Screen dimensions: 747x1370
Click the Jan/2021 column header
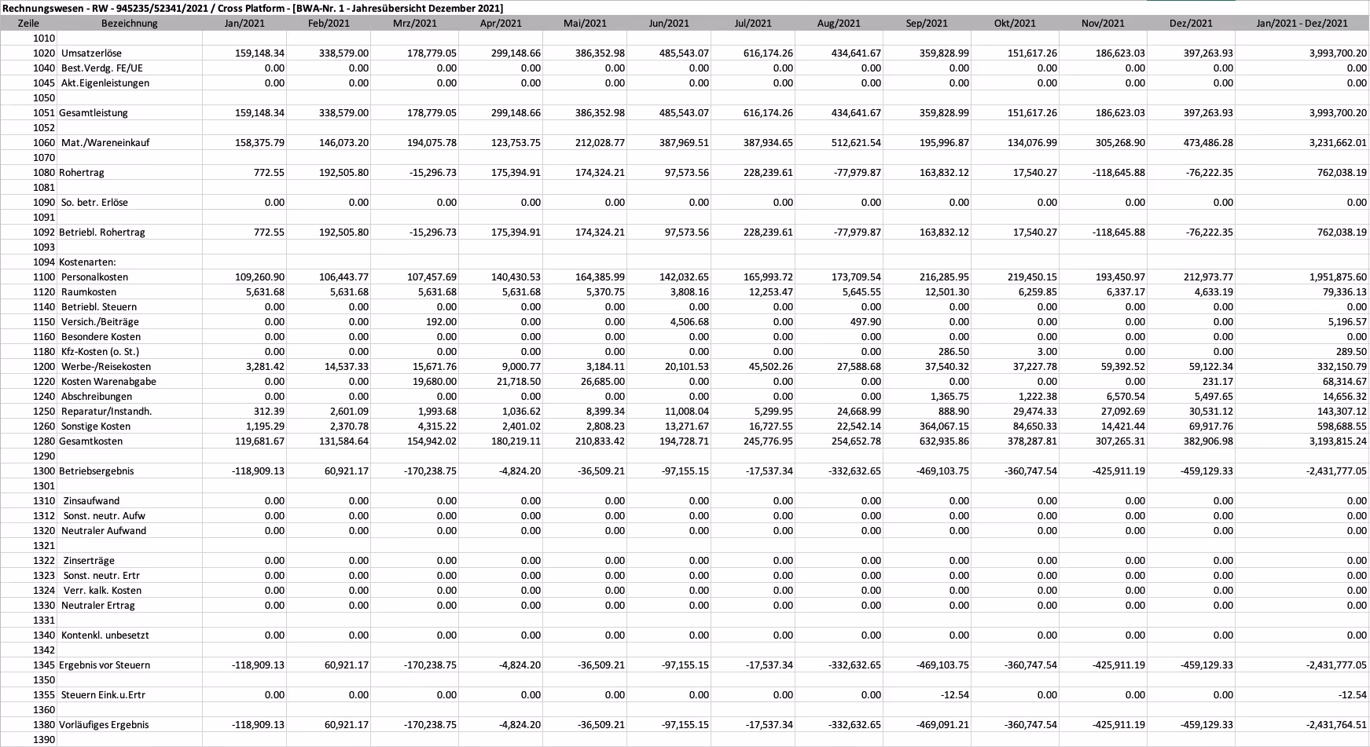[x=244, y=24]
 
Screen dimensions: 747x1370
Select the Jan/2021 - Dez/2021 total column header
[x=1302, y=24]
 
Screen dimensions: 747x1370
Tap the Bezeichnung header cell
[x=130, y=24]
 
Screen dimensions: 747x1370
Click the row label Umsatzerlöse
[x=91, y=53]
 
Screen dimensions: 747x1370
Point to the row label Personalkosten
[x=94, y=277]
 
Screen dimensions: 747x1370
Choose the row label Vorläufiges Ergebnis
[x=104, y=725]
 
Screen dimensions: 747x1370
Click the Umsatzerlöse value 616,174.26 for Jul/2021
[x=768, y=53]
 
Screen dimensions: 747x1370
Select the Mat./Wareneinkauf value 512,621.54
[x=856, y=143]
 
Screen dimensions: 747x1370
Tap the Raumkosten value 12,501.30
[x=944, y=292]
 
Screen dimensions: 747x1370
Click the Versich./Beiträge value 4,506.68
[x=688, y=322]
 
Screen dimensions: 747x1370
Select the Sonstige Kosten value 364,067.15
[x=940, y=427]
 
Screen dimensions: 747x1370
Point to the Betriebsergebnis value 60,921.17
[x=343, y=471]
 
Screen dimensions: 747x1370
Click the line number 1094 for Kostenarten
[x=44, y=262]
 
